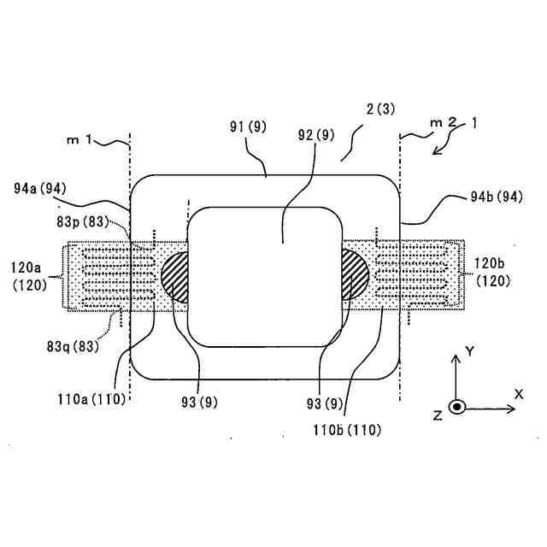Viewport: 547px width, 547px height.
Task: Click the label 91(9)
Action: click(x=249, y=127)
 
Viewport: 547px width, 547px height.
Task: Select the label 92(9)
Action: click(x=315, y=134)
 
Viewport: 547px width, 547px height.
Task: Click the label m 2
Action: click(x=444, y=123)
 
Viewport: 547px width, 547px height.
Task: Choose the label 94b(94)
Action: click(x=498, y=197)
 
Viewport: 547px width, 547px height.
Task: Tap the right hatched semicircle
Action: click(x=354, y=275)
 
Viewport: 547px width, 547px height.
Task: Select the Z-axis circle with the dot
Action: click(x=457, y=407)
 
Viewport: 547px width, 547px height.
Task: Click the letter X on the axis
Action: click(x=518, y=393)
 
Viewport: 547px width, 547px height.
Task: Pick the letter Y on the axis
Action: click(x=468, y=349)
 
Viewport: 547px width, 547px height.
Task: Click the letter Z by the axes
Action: click(x=437, y=415)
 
